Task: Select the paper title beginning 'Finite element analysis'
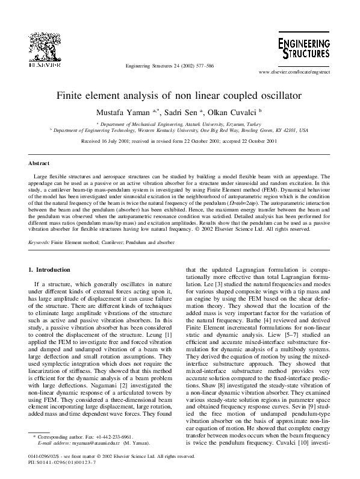pos(180,95)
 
